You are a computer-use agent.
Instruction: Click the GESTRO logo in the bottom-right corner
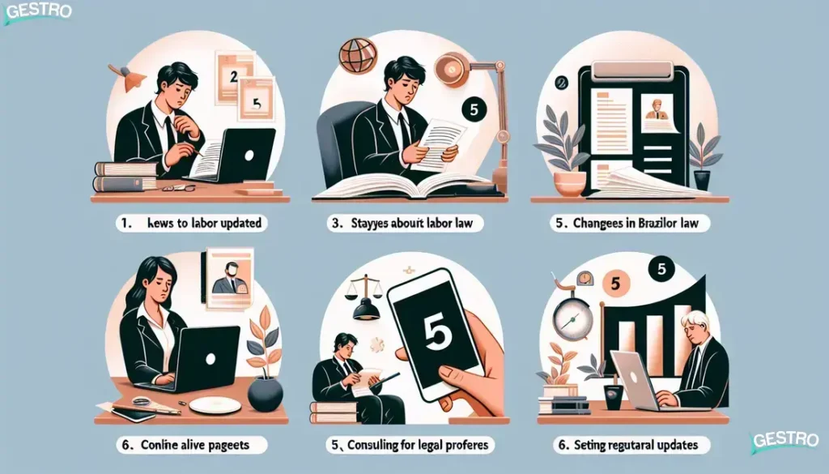(x=786, y=442)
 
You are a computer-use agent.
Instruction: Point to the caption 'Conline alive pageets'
(x=189, y=445)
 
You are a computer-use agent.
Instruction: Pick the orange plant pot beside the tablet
(x=569, y=182)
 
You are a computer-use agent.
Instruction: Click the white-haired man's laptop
(x=636, y=379)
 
